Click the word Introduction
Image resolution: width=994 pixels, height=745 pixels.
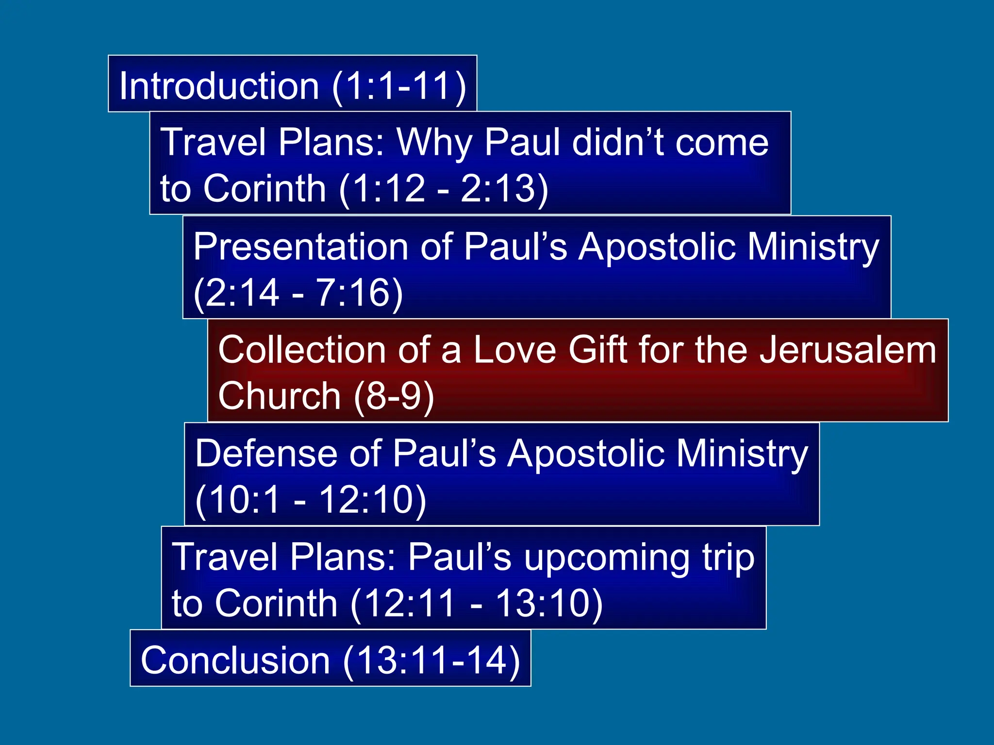tap(219, 86)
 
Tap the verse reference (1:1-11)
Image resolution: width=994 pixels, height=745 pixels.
tap(399, 86)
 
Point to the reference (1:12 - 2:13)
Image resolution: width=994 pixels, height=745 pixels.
tap(444, 188)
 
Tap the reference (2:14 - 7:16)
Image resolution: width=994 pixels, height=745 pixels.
tap(298, 292)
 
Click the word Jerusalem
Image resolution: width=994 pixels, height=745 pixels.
tap(847, 350)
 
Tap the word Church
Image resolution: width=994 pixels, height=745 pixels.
tap(280, 396)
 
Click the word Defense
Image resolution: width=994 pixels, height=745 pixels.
tap(266, 453)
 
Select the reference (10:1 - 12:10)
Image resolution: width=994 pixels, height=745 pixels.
tap(311, 500)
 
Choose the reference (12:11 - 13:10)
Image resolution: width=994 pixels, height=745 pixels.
tap(477, 603)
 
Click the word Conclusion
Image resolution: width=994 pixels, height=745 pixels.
tap(235, 660)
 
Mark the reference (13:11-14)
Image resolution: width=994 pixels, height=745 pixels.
tap(431, 660)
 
